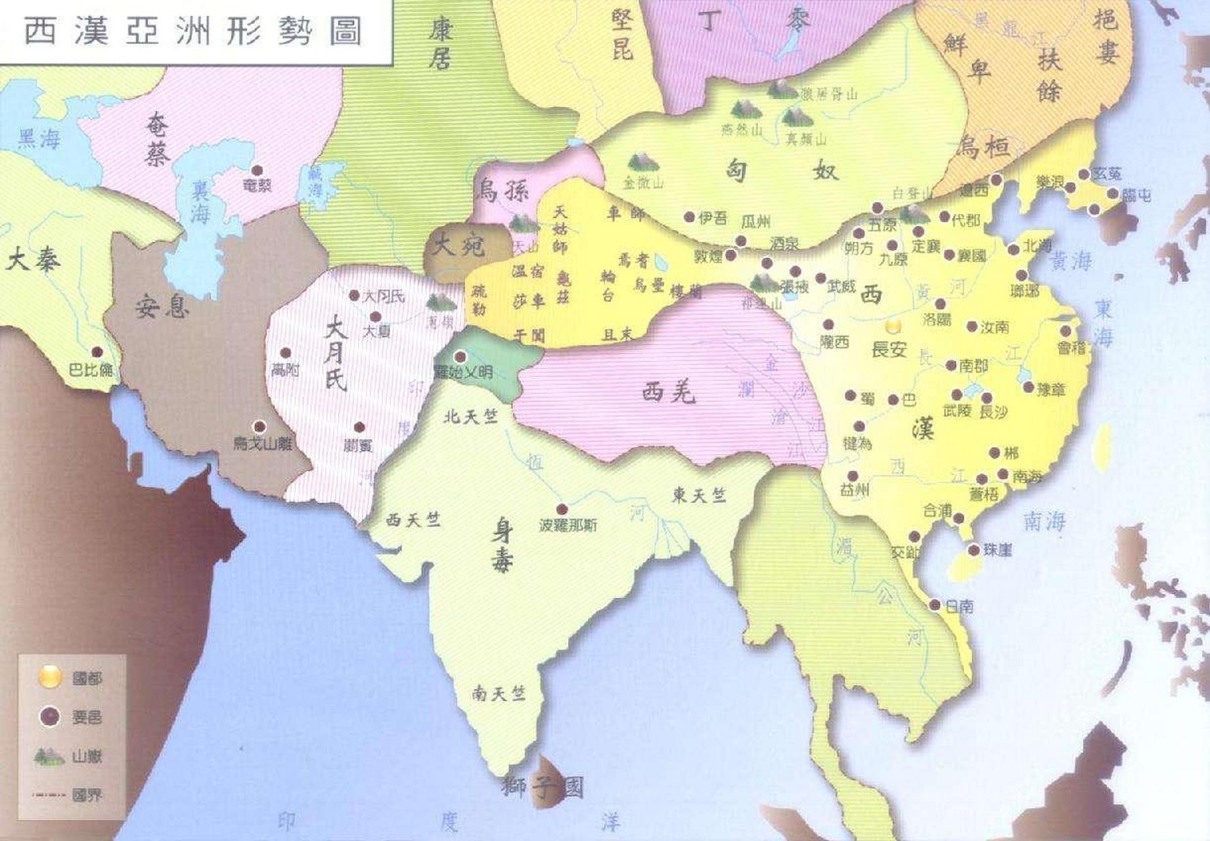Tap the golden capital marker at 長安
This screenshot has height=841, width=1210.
point(893,326)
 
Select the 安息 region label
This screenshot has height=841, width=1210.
point(162,306)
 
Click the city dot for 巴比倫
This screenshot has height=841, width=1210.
point(97,352)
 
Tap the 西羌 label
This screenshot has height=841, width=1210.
point(668,392)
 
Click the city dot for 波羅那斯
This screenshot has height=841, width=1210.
point(562,509)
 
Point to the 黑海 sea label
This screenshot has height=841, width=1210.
point(39,139)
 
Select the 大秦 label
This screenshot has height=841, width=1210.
point(33,260)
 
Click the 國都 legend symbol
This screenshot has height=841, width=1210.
point(50,676)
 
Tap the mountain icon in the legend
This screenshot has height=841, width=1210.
point(49,757)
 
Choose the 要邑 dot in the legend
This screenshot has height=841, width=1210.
point(50,717)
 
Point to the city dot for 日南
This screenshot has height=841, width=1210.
point(935,604)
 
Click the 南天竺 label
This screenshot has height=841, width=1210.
point(499,693)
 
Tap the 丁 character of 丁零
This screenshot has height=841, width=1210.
point(708,21)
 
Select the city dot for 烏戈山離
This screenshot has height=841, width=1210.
point(260,426)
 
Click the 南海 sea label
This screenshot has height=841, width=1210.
point(1044,521)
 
